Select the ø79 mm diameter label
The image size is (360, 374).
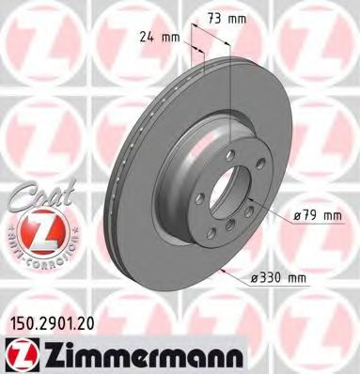pos(315,215)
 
